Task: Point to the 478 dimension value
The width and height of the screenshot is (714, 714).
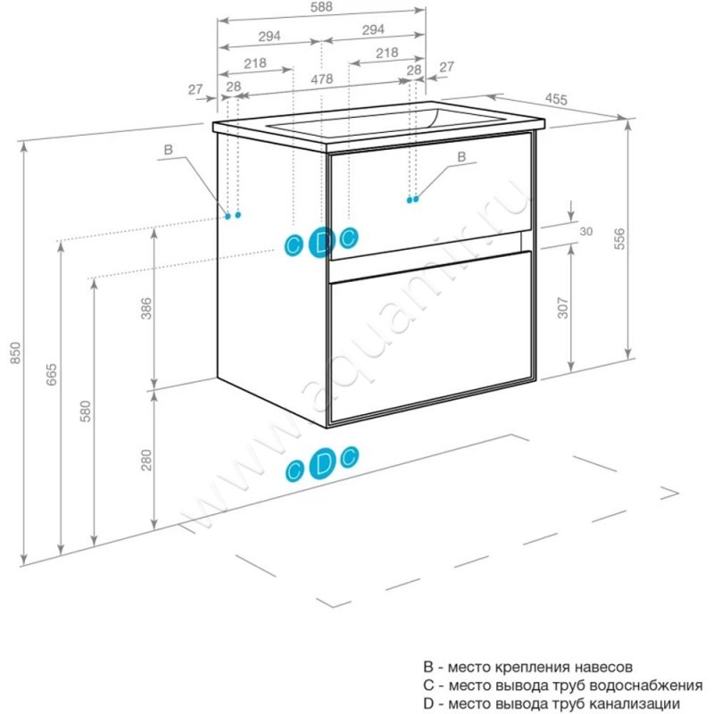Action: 322,79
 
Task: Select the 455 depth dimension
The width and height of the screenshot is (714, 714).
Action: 557,101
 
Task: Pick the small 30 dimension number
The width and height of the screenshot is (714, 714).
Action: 586,231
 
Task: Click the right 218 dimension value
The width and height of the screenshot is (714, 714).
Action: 386,53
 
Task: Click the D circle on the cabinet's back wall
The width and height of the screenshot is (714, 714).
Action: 322,241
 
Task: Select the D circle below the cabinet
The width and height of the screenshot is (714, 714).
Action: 323,462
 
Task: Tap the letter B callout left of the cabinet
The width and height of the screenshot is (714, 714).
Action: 167,151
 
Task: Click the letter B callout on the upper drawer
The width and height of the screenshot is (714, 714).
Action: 461,157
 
